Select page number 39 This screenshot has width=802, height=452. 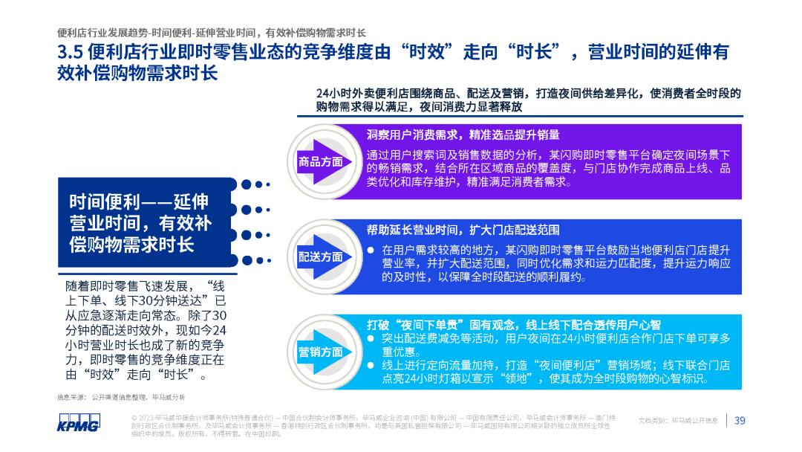tap(740, 421)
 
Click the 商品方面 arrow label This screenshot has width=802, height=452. tap(320, 161)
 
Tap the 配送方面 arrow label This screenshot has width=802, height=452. tap(320, 256)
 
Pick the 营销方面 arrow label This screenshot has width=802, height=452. tap(320, 352)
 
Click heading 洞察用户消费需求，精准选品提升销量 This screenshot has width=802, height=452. tap(463, 135)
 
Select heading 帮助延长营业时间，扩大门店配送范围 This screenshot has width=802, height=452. tap(463, 230)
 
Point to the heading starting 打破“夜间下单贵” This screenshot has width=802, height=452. tap(513, 325)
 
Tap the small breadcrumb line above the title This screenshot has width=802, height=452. tap(212, 33)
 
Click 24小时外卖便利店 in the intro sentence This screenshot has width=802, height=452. tap(358, 94)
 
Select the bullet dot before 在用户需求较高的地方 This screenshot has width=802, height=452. tap(371, 250)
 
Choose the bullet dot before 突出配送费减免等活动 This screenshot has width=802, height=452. tap(371, 338)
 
